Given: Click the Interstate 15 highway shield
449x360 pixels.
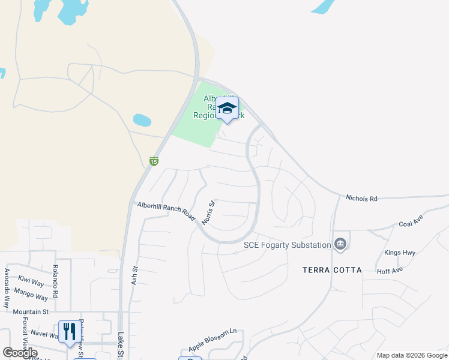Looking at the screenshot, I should coord(154,161).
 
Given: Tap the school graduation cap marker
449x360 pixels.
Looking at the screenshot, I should coord(227,108).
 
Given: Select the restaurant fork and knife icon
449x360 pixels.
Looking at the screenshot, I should coord(68,331).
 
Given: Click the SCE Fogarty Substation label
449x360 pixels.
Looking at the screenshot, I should coord(287,245).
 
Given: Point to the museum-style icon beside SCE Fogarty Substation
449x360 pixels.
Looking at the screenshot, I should coord(340,244).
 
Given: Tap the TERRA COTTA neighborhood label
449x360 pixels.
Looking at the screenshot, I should coord(332,270).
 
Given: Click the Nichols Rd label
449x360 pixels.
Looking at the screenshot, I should coord(361,198).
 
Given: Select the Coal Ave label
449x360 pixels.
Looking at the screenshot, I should coord(412,224).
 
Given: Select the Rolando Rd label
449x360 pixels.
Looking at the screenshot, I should coord(55,281).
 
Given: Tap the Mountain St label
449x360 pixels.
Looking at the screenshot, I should coord(31,312).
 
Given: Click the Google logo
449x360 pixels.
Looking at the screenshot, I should coord(20,353).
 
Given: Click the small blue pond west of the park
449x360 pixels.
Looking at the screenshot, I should coord(142,120).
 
